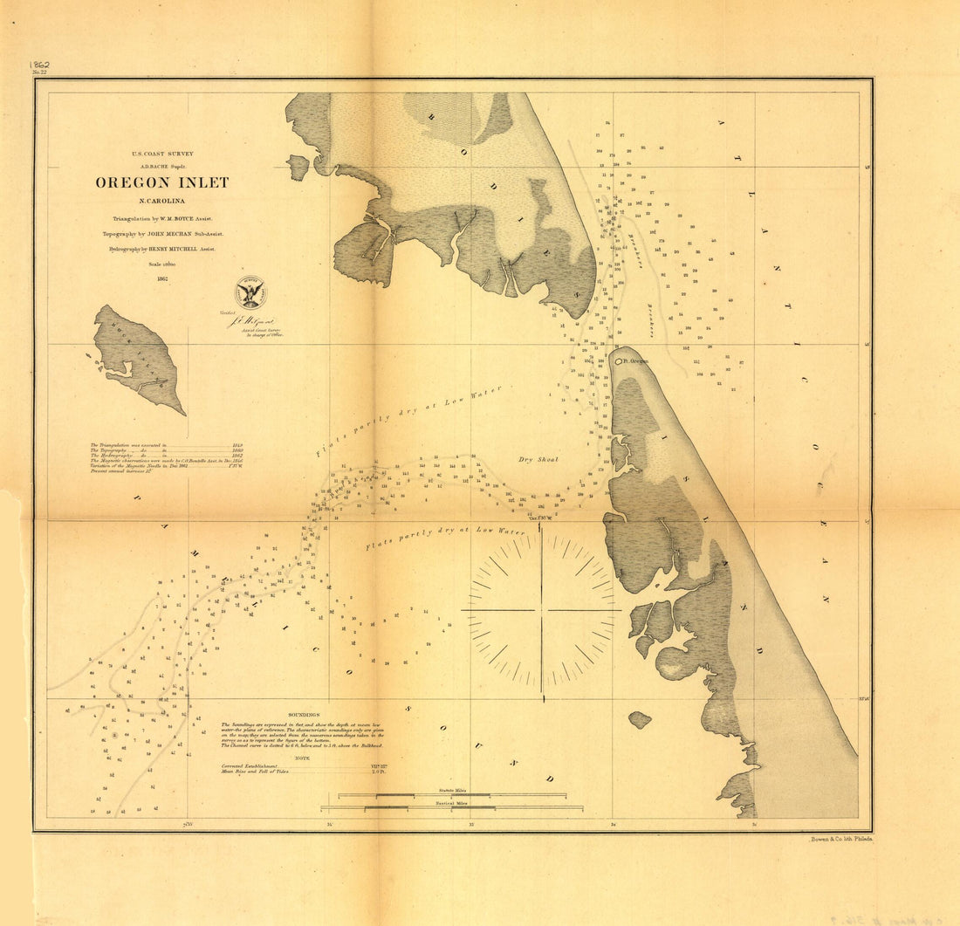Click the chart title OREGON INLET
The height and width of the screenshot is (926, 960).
[162, 182]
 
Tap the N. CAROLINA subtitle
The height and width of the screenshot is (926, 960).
[162, 202]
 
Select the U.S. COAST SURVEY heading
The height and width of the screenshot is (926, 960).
[162, 154]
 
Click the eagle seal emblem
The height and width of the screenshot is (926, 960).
[250, 292]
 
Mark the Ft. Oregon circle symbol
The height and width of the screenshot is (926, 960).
[619, 360]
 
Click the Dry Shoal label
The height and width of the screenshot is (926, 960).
[538, 459]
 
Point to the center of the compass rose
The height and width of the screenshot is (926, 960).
[542, 610]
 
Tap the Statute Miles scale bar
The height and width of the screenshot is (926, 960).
[452, 795]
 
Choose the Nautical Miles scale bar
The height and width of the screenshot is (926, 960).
[452, 807]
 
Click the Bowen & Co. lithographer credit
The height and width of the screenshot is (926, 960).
[840, 838]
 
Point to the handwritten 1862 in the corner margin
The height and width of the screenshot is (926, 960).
[38, 65]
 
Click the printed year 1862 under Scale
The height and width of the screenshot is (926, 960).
[162, 279]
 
